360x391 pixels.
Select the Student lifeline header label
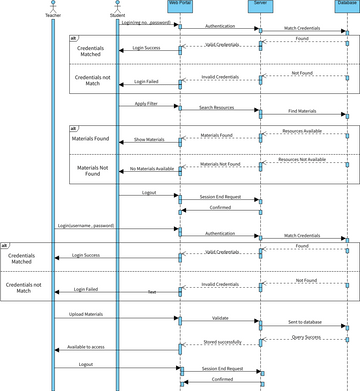(x=117, y=15)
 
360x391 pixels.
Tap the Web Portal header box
(x=179, y=5)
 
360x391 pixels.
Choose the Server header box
(x=261, y=5)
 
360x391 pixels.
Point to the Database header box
(x=343, y=5)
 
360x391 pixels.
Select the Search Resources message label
(x=219, y=107)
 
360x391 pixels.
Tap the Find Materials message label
(x=302, y=112)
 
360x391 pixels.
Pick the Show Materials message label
(x=149, y=140)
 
